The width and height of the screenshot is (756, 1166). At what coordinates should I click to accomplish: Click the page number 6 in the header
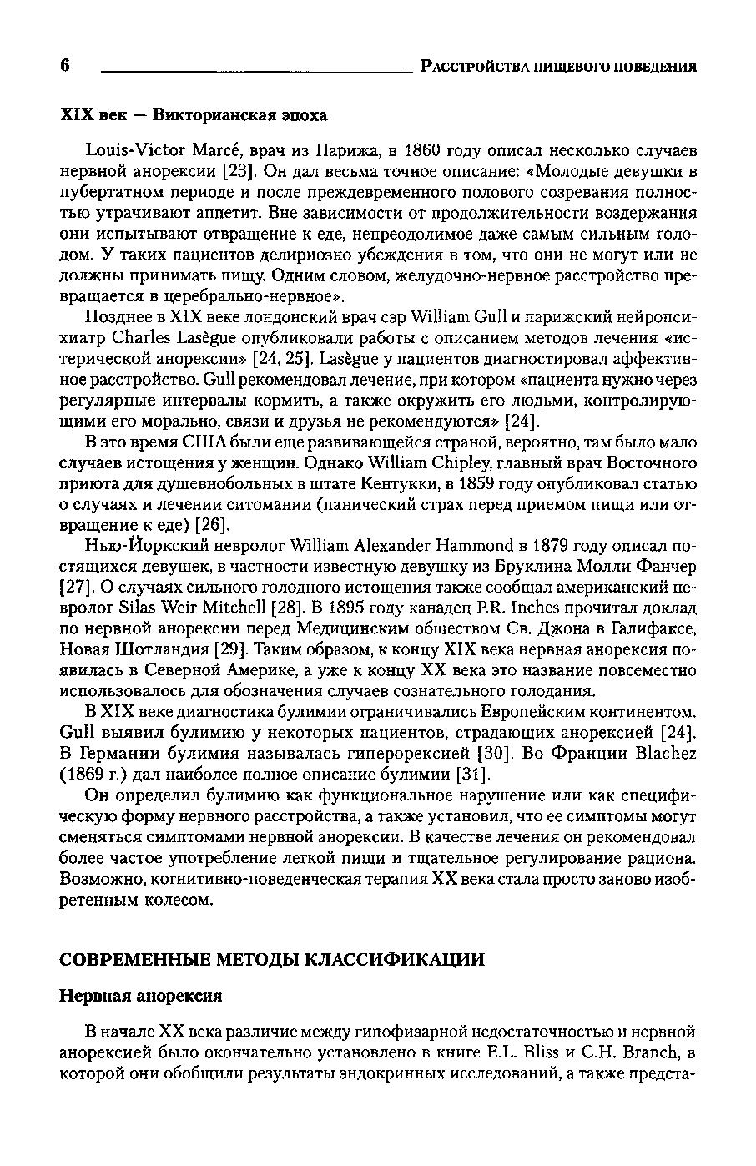(66, 66)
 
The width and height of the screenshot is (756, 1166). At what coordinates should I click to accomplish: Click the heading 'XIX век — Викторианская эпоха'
(194, 114)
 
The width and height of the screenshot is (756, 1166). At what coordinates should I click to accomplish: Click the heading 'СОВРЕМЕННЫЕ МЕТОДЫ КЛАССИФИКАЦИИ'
(272, 959)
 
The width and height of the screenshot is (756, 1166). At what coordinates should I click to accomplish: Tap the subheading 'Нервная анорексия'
(142, 996)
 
